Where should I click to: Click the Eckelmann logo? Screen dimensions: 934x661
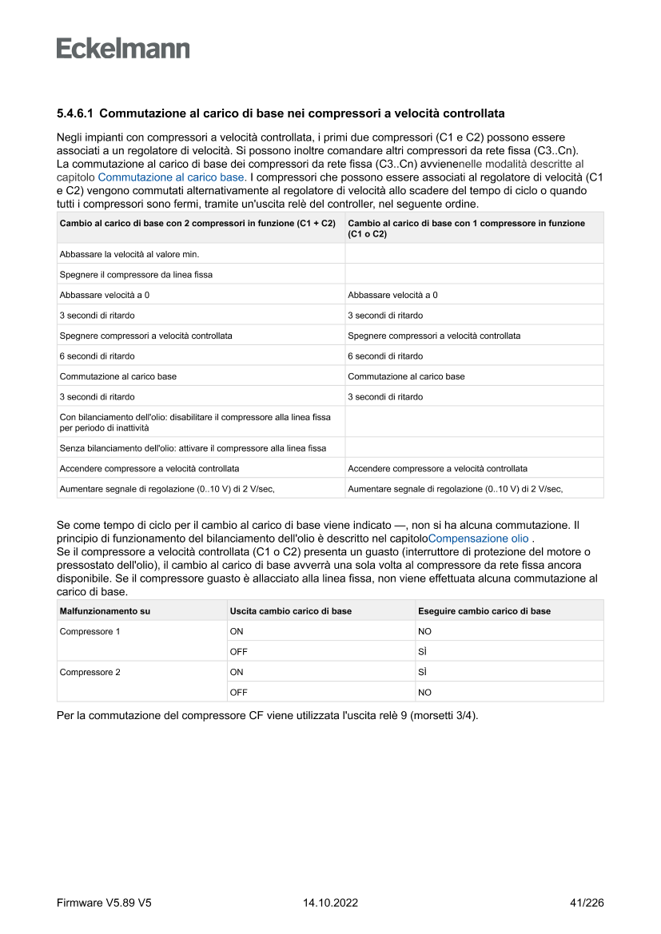[x=123, y=49]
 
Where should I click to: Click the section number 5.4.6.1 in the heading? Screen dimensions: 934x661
[x=75, y=113]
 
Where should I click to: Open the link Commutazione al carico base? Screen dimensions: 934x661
[x=171, y=177]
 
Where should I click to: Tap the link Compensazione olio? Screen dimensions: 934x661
[x=478, y=539]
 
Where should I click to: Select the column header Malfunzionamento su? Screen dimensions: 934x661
[x=105, y=611]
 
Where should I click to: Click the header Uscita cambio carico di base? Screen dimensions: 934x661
[x=290, y=611]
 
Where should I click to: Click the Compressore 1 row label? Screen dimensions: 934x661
[x=90, y=631]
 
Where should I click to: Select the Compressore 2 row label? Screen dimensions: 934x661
[x=90, y=672]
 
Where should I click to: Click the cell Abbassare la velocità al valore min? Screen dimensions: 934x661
[x=129, y=254]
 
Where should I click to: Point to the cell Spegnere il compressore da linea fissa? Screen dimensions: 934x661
[x=136, y=275]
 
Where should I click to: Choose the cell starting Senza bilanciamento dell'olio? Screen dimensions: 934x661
[x=193, y=448]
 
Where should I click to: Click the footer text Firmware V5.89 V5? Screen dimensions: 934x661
[x=104, y=903]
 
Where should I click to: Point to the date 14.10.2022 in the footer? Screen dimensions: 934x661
[x=330, y=903]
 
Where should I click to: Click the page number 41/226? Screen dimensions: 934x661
[x=586, y=903]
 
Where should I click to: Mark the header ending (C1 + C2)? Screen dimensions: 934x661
[x=197, y=224]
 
